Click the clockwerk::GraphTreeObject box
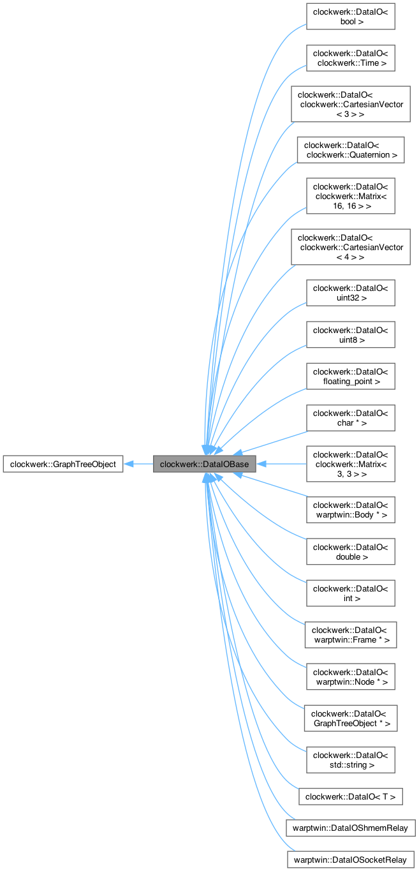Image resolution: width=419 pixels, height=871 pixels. click(62, 464)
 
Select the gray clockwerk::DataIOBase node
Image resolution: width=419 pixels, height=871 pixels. click(204, 464)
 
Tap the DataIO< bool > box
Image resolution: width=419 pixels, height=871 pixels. click(351, 16)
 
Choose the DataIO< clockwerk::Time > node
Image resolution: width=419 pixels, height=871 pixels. click(351, 57)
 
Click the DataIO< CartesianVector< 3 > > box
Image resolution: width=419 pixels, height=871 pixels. click(351, 104)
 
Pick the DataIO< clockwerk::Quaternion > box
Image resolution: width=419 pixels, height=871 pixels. click(351, 150)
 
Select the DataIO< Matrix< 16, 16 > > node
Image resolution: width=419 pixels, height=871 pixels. click(351, 196)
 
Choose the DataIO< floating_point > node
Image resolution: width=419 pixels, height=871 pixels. click(351, 376)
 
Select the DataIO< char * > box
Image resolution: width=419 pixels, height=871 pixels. click(351, 417)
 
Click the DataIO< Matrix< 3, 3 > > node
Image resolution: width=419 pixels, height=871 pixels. click(351, 464)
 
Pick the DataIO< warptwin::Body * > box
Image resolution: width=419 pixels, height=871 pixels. click(351, 510)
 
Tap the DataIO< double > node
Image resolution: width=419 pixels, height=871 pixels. click(351, 551)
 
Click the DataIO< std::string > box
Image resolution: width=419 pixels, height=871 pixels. click(351, 759)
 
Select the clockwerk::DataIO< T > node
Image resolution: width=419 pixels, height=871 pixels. click(351, 796)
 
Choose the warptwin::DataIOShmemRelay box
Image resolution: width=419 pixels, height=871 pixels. click(351, 828)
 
